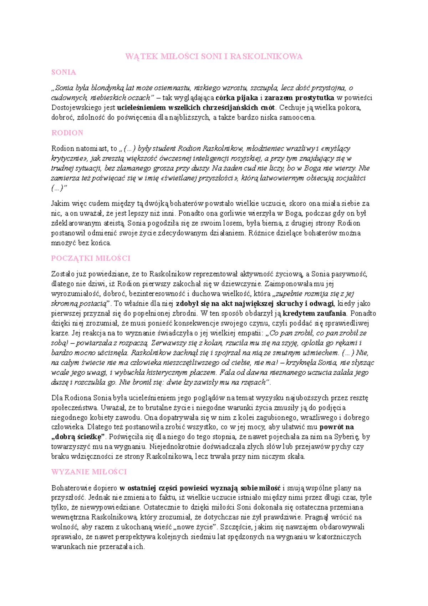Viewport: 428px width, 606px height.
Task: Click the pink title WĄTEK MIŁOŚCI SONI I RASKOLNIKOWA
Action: [x=214, y=56]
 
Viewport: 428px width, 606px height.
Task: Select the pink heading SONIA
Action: [x=63, y=72]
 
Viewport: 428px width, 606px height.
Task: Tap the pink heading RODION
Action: [x=67, y=133]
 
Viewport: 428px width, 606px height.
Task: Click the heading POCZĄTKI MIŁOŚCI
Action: [x=91, y=258]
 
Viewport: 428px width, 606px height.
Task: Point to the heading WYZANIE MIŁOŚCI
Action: [x=89, y=472]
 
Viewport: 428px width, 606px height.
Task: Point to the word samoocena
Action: [x=299, y=117]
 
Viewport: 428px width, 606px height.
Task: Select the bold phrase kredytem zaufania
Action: [x=314, y=314]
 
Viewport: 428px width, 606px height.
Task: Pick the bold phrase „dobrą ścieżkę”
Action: [x=78, y=437]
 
